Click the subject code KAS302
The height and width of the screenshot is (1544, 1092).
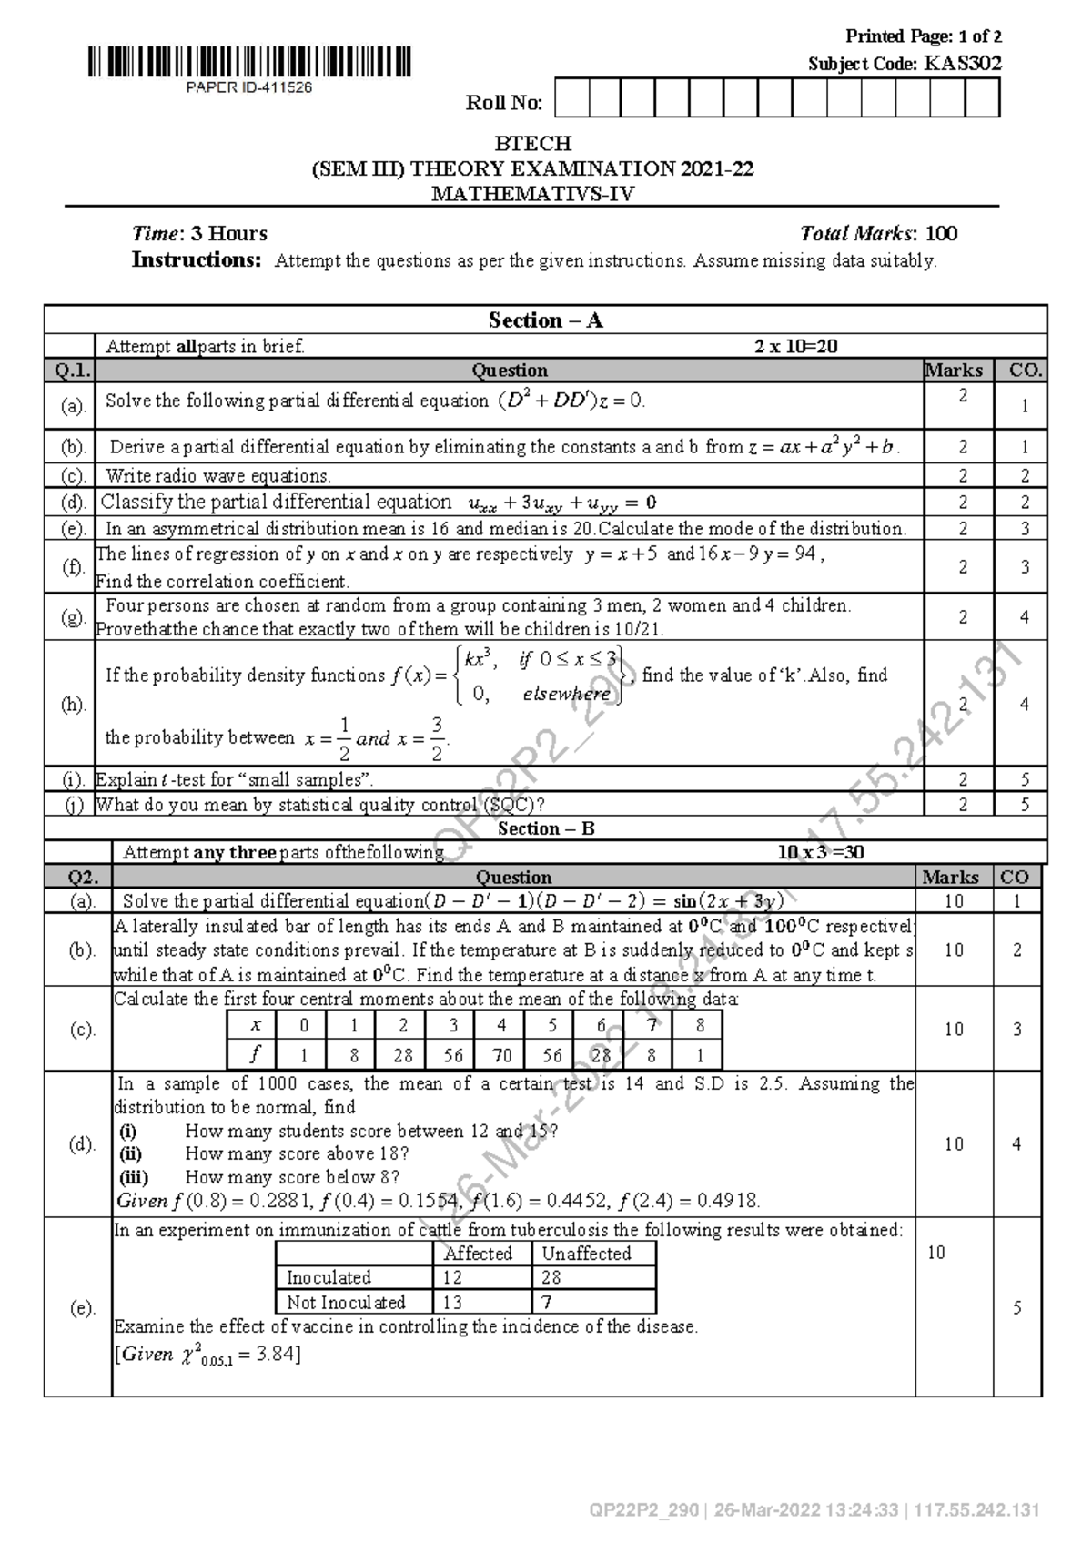point(962,64)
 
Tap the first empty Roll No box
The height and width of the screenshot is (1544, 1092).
point(571,98)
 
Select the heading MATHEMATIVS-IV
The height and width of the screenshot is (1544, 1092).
point(532,194)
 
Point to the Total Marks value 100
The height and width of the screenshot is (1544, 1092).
point(940,234)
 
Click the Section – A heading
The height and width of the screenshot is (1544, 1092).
point(545,320)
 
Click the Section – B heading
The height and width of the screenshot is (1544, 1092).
point(545,828)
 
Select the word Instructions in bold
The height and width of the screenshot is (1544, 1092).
point(197,260)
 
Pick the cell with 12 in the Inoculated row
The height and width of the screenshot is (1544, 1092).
point(453,1277)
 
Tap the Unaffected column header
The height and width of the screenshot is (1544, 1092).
point(586,1254)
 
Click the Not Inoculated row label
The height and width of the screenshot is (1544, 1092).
point(345,1302)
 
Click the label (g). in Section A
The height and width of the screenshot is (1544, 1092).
point(73,617)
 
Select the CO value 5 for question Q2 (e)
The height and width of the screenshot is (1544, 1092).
point(1016,1308)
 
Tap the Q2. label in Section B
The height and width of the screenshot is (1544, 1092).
point(76,878)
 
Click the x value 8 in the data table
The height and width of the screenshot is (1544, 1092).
point(699,1025)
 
